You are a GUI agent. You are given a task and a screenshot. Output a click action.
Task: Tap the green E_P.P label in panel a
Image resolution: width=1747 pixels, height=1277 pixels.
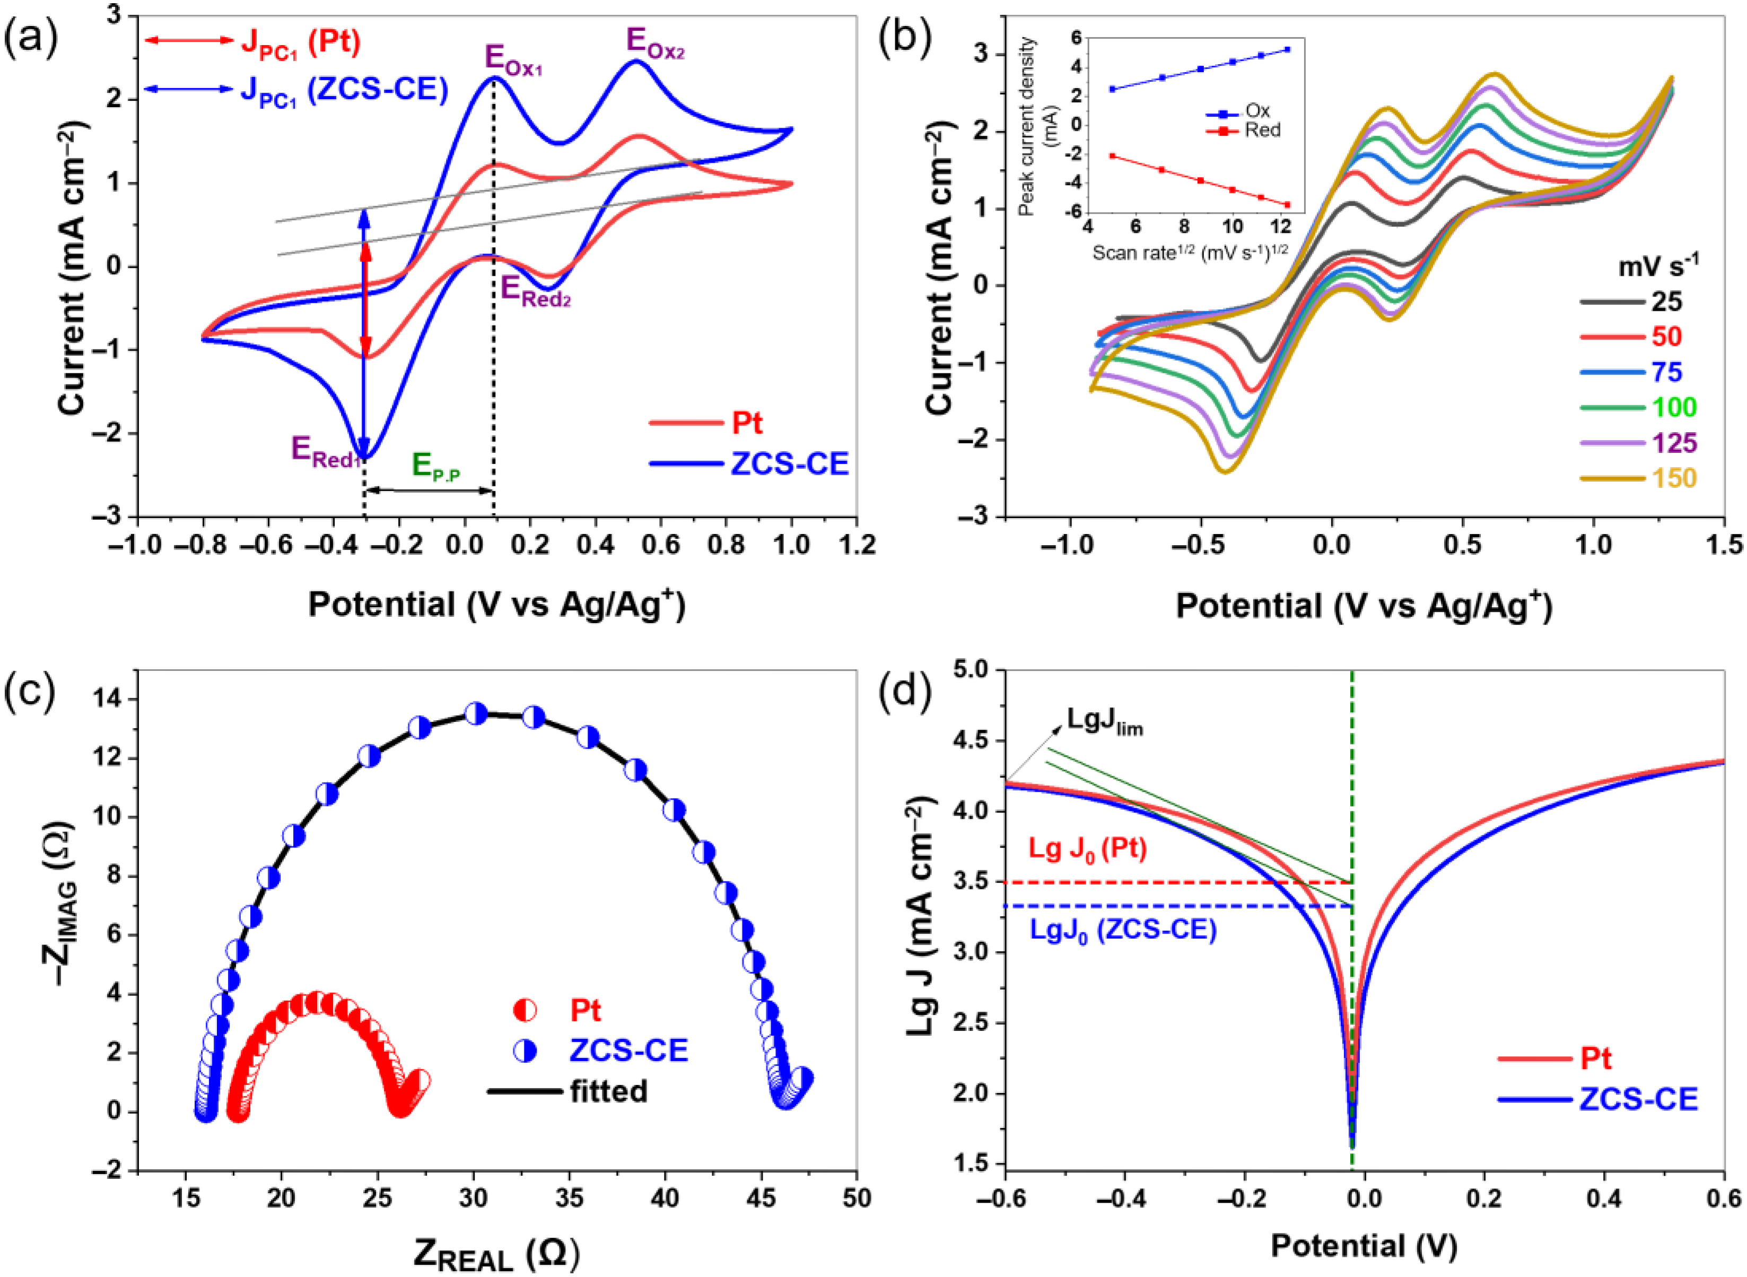436,467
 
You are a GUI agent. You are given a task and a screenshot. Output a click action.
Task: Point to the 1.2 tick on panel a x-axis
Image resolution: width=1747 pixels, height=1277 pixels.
855,545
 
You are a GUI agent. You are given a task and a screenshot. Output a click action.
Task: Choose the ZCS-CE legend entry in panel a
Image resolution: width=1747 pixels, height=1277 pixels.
789,464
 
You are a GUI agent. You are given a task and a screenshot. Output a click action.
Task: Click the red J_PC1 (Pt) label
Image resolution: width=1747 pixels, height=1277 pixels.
301,42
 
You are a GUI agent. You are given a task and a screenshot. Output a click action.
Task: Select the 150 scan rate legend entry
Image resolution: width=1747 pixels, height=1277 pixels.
1674,478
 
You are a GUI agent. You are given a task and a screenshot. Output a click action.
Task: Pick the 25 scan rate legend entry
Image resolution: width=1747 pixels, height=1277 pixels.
1666,301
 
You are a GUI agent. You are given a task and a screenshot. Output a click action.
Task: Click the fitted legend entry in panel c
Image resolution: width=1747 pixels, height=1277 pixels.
608,1091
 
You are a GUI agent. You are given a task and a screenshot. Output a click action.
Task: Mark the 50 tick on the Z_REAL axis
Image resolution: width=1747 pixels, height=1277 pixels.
855,1199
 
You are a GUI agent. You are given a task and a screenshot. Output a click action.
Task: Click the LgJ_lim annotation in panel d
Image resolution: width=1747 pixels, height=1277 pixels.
1104,721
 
